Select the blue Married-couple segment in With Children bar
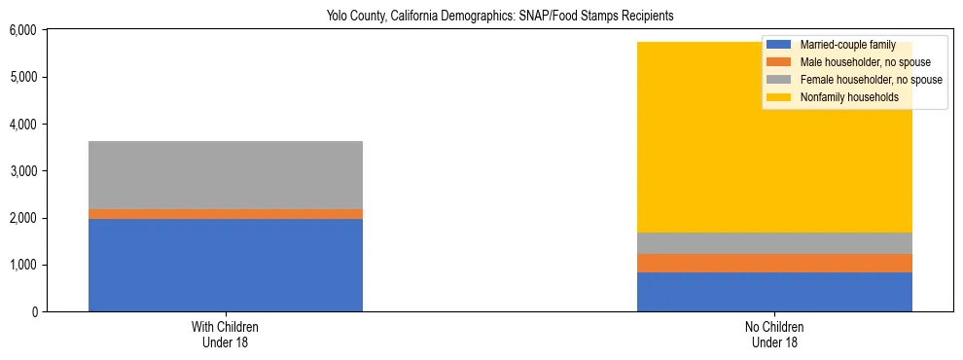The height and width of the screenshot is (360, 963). pos(226,265)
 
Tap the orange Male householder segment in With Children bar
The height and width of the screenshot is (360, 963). pos(226,214)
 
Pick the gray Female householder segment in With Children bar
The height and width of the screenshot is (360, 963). pos(226,175)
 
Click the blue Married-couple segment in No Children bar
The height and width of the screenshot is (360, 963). pos(774,292)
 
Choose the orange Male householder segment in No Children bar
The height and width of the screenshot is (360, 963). pos(774,263)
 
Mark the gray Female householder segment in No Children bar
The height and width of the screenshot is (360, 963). pos(774,243)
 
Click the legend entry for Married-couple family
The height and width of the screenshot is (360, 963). pos(846,45)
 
